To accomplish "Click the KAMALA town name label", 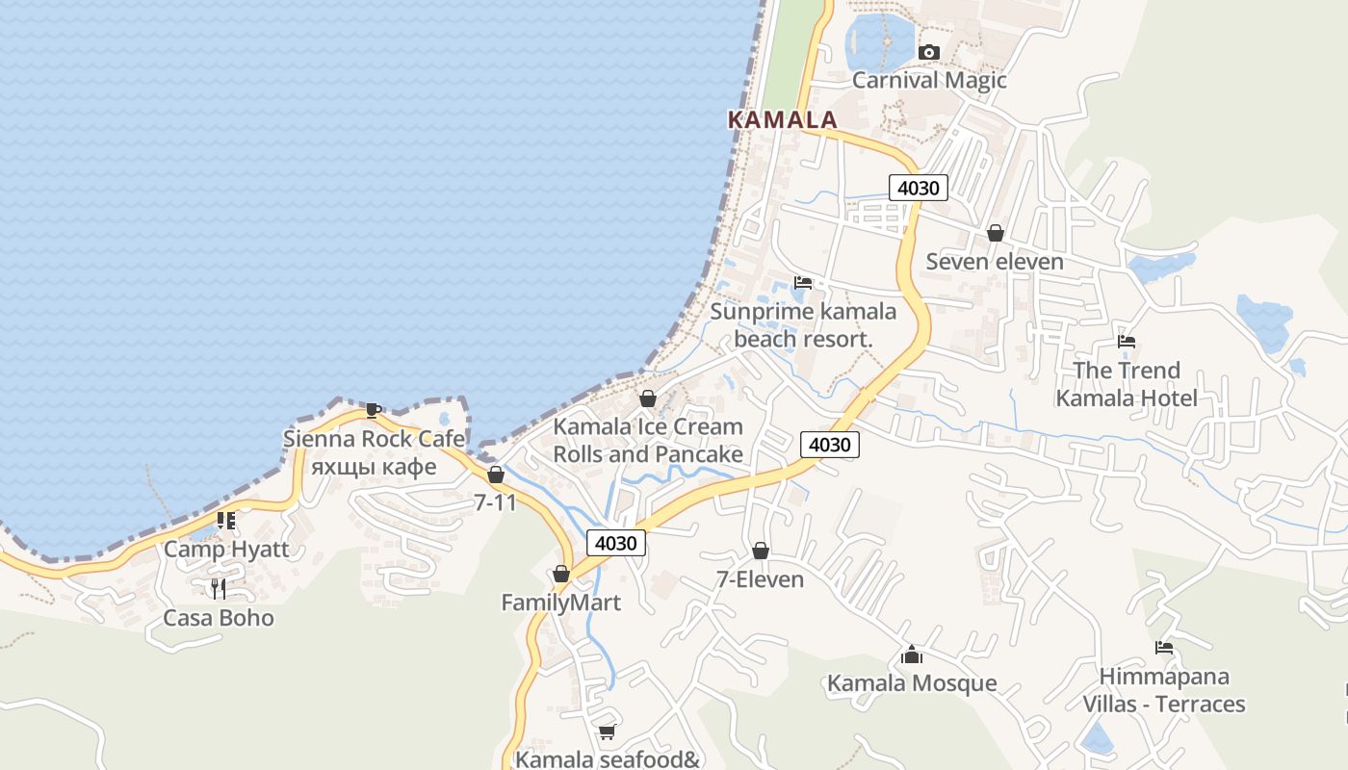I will pos(782,120).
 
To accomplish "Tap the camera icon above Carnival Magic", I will pos(928,52).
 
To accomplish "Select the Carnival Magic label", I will pos(929,80).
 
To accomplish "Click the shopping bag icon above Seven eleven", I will pos(995,233).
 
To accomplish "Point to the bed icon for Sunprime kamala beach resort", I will pos(803,283).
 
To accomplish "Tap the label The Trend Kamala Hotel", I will pos(1126,384).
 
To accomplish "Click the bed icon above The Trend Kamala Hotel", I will pos(1126,342).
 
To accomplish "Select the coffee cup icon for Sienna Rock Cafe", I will pos(374,411).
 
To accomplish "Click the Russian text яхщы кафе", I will pos(374,467).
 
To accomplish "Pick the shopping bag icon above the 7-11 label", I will pos(495,475).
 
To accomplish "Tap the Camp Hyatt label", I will pos(226,550).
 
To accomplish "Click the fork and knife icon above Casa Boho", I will pos(219,588).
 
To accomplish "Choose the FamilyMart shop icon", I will pos(560,575).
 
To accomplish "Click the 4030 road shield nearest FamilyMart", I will pos(615,543).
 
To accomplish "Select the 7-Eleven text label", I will pos(760,579).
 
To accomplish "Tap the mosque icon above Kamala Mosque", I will pos(911,655).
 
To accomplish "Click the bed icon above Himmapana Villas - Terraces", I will pos(1163,648).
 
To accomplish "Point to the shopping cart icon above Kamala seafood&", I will pos(607,732).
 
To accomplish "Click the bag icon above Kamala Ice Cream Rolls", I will pos(648,398).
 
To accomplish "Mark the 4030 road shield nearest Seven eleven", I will pos(918,188).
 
